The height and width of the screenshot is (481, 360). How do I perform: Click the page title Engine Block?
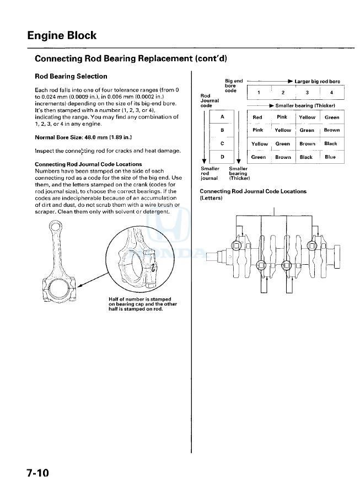click(x=62, y=36)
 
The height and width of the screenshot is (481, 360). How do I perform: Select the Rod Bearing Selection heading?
click(x=71, y=76)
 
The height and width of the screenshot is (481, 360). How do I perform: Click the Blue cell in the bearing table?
click(x=330, y=157)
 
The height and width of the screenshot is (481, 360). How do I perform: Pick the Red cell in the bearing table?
click(x=257, y=117)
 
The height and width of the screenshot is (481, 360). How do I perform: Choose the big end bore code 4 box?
click(x=331, y=93)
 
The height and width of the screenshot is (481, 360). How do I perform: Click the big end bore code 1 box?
click(x=259, y=93)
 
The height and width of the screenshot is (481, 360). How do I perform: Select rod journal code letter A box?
click(x=222, y=117)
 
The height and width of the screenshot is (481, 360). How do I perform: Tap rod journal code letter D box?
click(x=222, y=157)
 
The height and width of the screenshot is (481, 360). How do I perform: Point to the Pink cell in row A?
click(x=282, y=117)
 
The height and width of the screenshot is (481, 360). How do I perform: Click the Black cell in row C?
click(x=331, y=143)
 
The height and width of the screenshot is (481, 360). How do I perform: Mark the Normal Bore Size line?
click(x=83, y=137)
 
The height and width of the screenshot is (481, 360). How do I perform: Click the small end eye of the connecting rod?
click(x=55, y=227)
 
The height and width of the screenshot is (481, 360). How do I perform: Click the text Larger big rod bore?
click(x=318, y=82)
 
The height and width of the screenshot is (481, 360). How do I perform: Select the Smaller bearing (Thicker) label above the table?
click(x=305, y=105)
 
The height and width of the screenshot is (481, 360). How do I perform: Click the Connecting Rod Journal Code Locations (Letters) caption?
click(x=253, y=194)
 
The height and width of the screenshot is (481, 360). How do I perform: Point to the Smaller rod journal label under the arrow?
click(x=209, y=174)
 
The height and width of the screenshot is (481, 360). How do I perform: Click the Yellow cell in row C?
click(x=260, y=144)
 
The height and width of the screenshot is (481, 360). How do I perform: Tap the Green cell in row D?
click(x=259, y=157)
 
